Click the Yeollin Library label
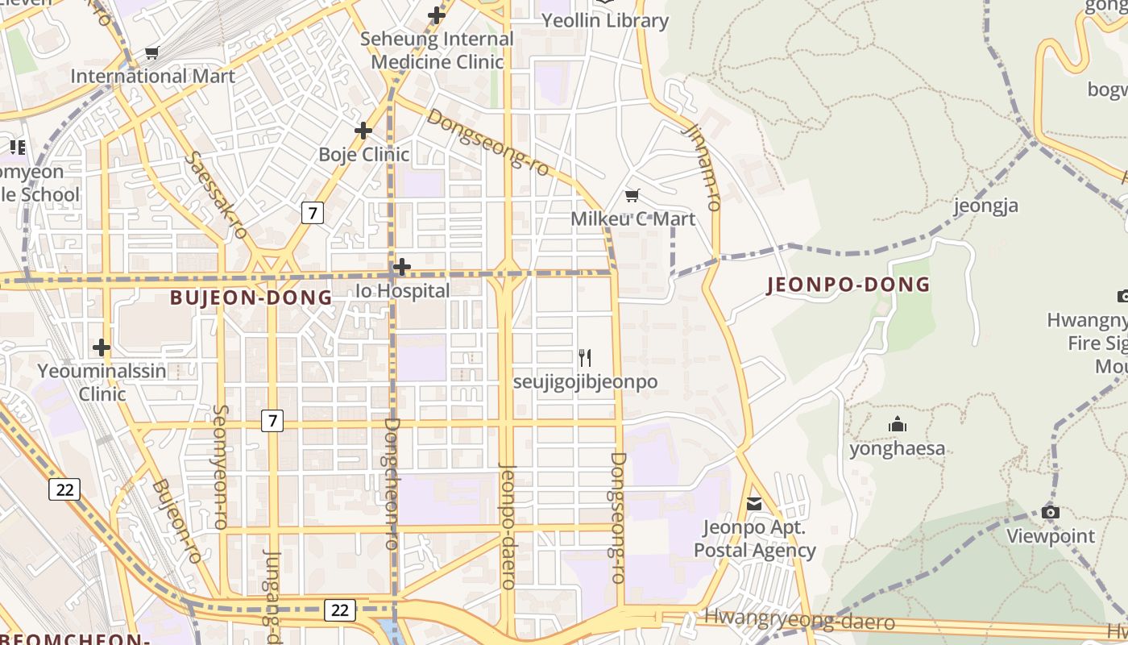pyautogui.click(x=605, y=21)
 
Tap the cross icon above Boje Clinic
pyautogui.click(x=363, y=130)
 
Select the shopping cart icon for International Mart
pyautogui.click(x=151, y=53)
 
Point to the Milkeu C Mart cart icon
pyautogui.click(x=632, y=195)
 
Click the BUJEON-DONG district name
pyautogui.click(x=251, y=298)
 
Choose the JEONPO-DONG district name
pyautogui.click(x=848, y=285)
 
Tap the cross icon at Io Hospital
pyautogui.click(x=402, y=266)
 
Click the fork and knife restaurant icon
pyautogui.click(x=586, y=357)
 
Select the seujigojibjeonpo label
pyautogui.click(x=586, y=381)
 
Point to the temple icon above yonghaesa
pyautogui.click(x=897, y=424)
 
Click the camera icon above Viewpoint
pyautogui.click(x=1050, y=512)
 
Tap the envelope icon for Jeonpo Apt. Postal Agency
pyautogui.click(x=754, y=504)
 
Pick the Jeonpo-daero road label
pyautogui.click(x=507, y=537)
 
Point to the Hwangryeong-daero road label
pyautogui.click(x=799, y=619)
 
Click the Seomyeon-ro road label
pyautogui.click(x=220, y=467)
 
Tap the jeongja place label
pyautogui.click(x=986, y=206)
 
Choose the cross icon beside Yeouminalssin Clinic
pyautogui.click(x=102, y=347)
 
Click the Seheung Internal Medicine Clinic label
pyautogui.click(x=437, y=50)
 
